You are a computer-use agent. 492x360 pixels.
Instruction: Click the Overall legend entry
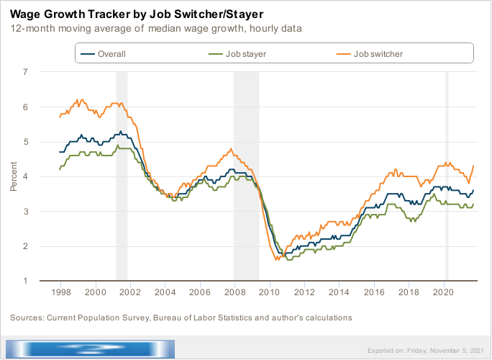click(112, 54)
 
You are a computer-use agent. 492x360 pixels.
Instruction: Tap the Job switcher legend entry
click(378, 54)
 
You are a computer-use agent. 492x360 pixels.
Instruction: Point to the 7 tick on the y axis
click(25, 72)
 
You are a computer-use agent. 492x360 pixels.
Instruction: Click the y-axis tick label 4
click(25, 176)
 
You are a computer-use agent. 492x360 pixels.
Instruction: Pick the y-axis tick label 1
click(25, 281)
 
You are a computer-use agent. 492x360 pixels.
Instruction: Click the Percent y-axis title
click(14, 176)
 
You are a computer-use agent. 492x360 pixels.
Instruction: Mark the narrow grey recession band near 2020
click(447, 176)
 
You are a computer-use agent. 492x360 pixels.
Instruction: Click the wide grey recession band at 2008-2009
click(246, 176)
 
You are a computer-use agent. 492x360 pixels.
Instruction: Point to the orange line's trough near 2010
click(277, 258)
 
